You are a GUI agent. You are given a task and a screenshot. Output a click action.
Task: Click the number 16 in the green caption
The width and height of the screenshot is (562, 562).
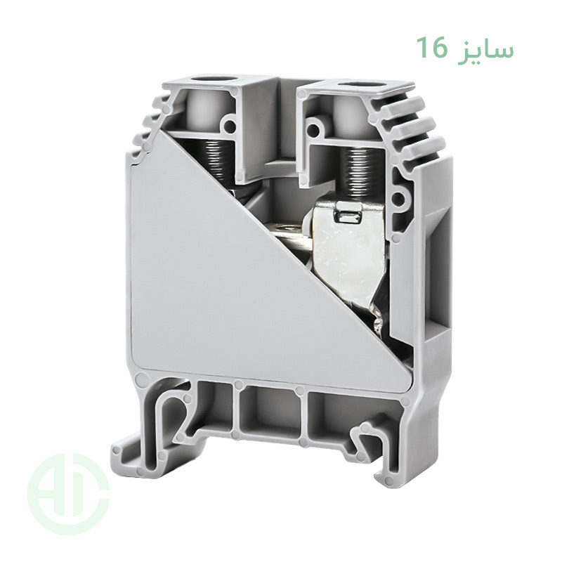click(431, 48)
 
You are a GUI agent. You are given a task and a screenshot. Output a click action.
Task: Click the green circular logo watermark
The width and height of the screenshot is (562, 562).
click(68, 496)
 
